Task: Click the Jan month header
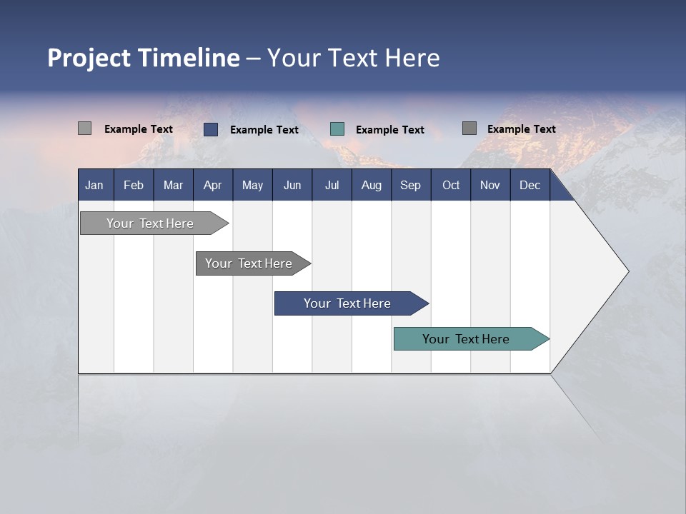click(94, 186)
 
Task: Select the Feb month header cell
click(134, 186)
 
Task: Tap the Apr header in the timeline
click(212, 186)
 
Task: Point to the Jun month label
click(292, 186)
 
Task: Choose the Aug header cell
click(371, 186)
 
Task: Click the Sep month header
click(410, 186)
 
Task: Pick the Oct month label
click(451, 186)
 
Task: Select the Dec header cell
click(530, 186)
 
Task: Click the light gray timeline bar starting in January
click(151, 223)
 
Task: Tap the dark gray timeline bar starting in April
click(249, 263)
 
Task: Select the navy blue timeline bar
click(348, 303)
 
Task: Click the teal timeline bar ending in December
click(467, 339)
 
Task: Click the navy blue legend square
click(210, 129)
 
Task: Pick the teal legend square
click(337, 129)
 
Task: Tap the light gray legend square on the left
click(84, 128)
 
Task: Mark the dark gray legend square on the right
click(469, 128)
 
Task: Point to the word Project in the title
click(89, 58)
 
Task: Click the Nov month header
click(490, 186)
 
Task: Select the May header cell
click(252, 186)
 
